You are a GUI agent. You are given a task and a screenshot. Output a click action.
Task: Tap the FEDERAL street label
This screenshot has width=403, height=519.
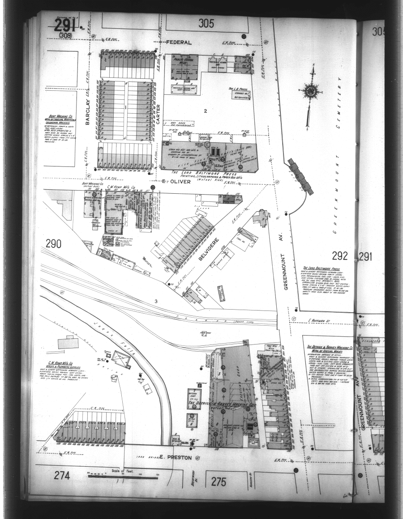coord(179,43)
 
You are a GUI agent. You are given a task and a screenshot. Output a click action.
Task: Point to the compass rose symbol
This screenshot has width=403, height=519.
coord(309,91)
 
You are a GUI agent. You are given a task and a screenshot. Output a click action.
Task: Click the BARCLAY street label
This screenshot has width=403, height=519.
coord(88,112)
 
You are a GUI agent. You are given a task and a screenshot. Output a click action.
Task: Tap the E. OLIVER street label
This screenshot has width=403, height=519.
coord(171,182)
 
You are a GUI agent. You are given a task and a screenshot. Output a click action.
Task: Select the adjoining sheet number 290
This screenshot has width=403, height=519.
coord(53,244)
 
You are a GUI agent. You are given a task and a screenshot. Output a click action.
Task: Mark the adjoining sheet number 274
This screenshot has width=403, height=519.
coord(62,476)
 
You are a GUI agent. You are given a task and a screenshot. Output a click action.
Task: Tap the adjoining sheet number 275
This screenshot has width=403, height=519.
coord(219,481)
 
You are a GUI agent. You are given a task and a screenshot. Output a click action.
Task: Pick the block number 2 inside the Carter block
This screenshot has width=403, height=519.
coord(205,111)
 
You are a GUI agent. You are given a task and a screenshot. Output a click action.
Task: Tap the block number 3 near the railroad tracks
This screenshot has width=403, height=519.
coord(156,301)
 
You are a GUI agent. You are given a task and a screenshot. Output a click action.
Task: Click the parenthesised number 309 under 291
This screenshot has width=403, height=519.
coord(65,35)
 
